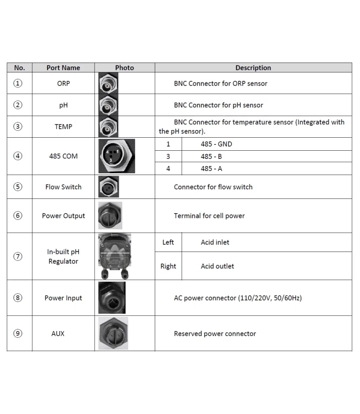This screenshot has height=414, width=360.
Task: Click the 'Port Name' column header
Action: click(63, 68)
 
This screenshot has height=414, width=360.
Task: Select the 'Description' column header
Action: click(253, 68)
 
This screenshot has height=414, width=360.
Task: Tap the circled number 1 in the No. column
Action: click(18, 83)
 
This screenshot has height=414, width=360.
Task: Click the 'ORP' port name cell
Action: click(63, 83)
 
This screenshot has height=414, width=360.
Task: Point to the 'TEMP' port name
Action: click(63, 126)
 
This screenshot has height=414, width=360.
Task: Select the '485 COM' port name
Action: click(63, 156)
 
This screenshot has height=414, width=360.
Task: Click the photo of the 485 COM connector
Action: click(116, 156)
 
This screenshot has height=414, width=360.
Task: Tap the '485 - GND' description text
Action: click(216, 144)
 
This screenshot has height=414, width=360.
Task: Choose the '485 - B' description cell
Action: click(211, 157)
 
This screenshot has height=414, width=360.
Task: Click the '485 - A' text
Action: click(211, 169)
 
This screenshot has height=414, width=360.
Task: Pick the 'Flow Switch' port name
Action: click(63, 187)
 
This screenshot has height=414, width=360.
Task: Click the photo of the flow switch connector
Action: click(108, 187)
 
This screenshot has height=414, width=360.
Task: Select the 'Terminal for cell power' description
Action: click(209, 216)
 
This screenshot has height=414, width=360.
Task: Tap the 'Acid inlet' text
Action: click(215, 242)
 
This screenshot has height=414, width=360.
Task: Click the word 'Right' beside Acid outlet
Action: click(168, 266)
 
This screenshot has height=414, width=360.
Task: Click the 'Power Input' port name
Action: click(63, 298)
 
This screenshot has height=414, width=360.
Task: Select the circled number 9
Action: click(18, 333)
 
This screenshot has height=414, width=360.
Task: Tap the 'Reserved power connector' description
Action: click(215, 333)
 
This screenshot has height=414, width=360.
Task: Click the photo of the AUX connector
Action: click(113, 333)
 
